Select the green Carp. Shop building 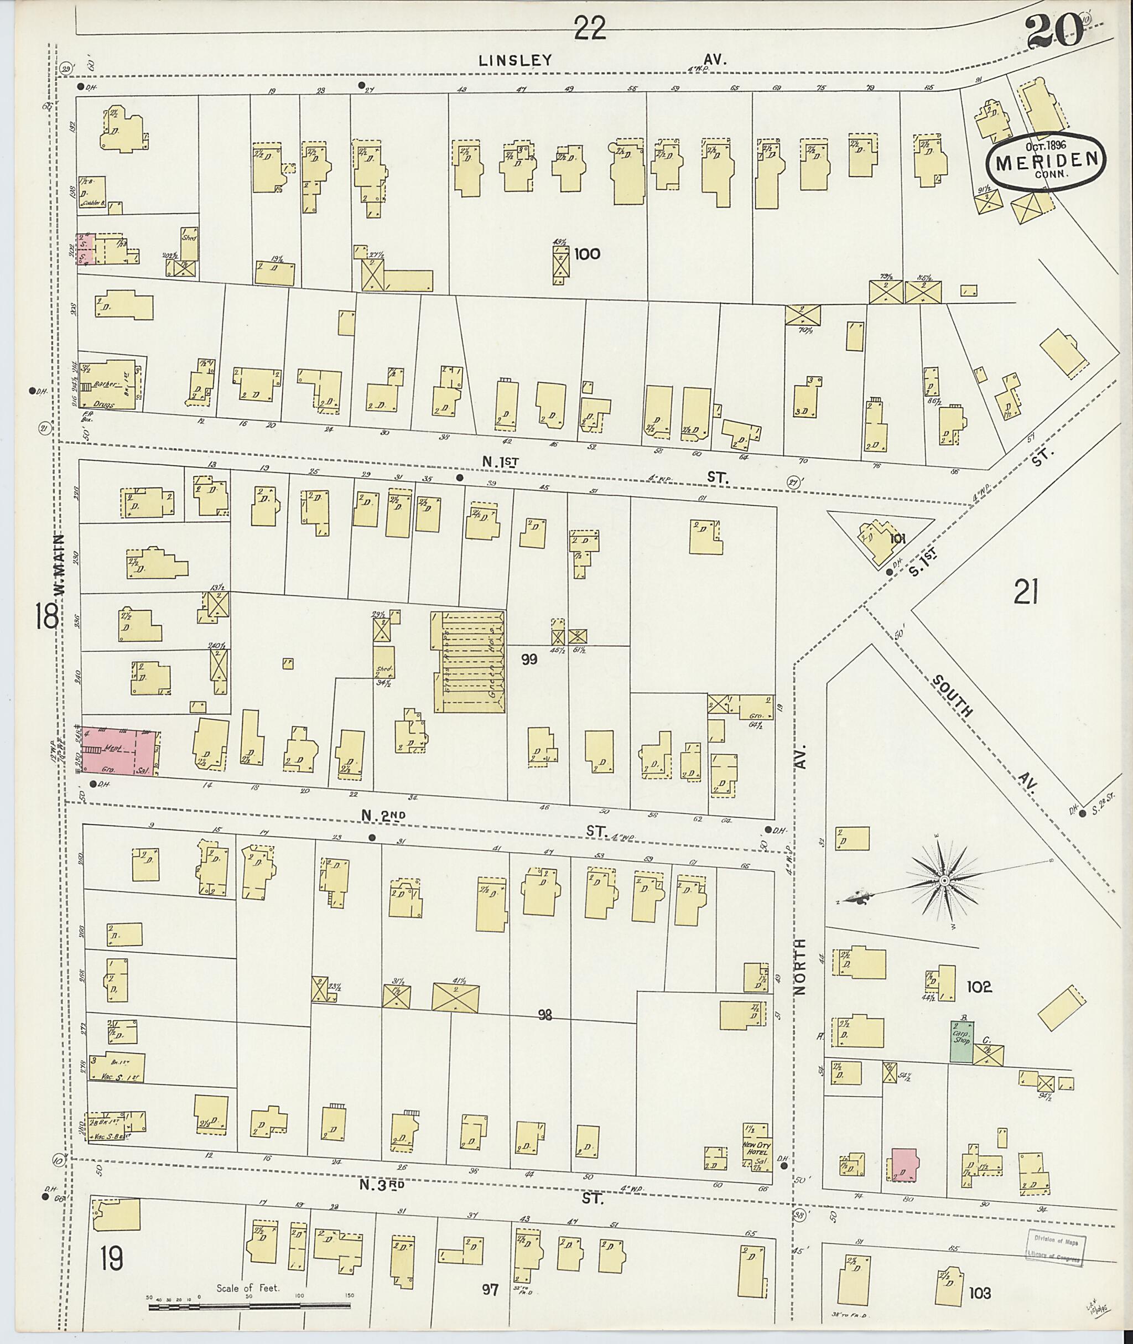click(x=961, y=1041)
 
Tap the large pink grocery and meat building click(x=120, y=751)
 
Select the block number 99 click(x=529, y=659)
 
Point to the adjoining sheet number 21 click(x=1026, y=591)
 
